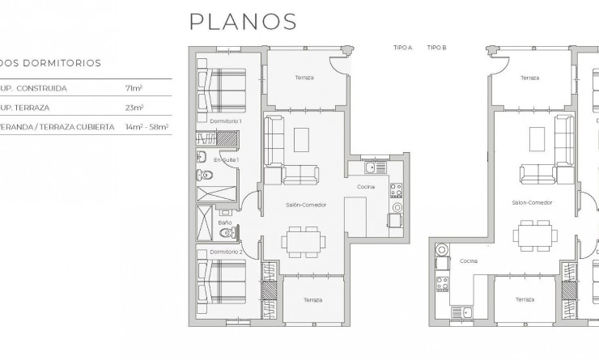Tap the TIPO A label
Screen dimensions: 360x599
click(x=402, y=48)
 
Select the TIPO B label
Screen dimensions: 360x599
click(x=437, y=48)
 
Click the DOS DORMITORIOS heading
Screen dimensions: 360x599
click(x=50, y=61)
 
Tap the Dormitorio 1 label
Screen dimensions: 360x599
click(x=226, y=121)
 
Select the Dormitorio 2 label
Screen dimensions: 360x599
click(x=227, y=252)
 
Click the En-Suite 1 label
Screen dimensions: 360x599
click(x=226, y=160)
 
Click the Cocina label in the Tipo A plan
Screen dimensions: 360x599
click(x=366, y=187)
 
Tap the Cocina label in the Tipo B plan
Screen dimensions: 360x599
click(x=469, y=261)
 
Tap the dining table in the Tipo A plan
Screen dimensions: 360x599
click(x=304, y=239)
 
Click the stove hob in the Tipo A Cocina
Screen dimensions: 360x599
click(x=396, y=191)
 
